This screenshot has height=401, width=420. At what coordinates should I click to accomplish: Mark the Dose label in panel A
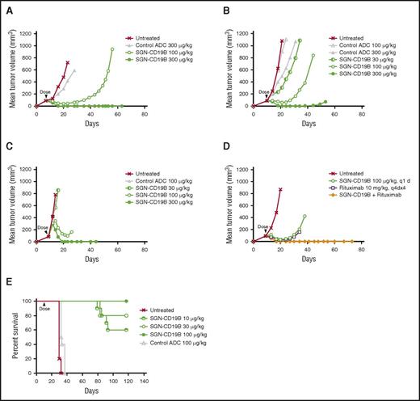45,93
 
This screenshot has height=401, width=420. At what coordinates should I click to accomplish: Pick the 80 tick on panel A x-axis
144,114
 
